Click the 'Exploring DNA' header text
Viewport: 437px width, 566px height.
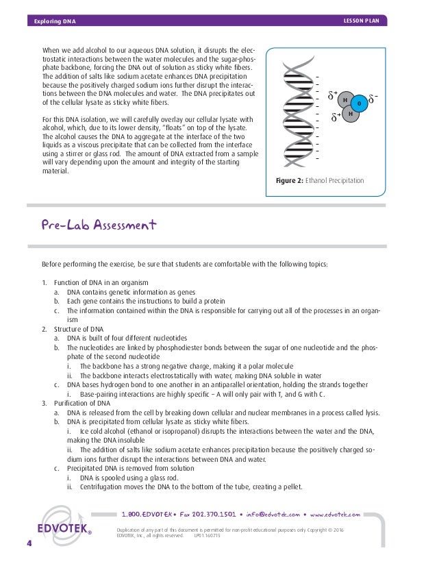[55, 21]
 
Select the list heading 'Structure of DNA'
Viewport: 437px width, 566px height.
[88, 329]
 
